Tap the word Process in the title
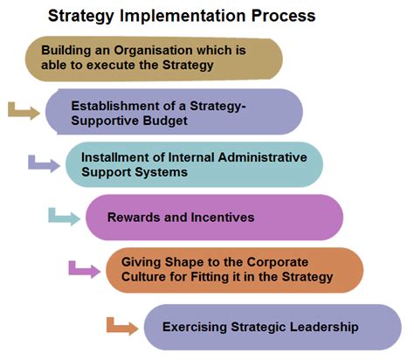279,16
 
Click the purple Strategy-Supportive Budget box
175,112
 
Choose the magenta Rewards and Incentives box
214,217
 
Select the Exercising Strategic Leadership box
271,327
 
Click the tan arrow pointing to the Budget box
24,110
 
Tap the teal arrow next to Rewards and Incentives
64,215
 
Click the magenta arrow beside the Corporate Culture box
85,268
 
